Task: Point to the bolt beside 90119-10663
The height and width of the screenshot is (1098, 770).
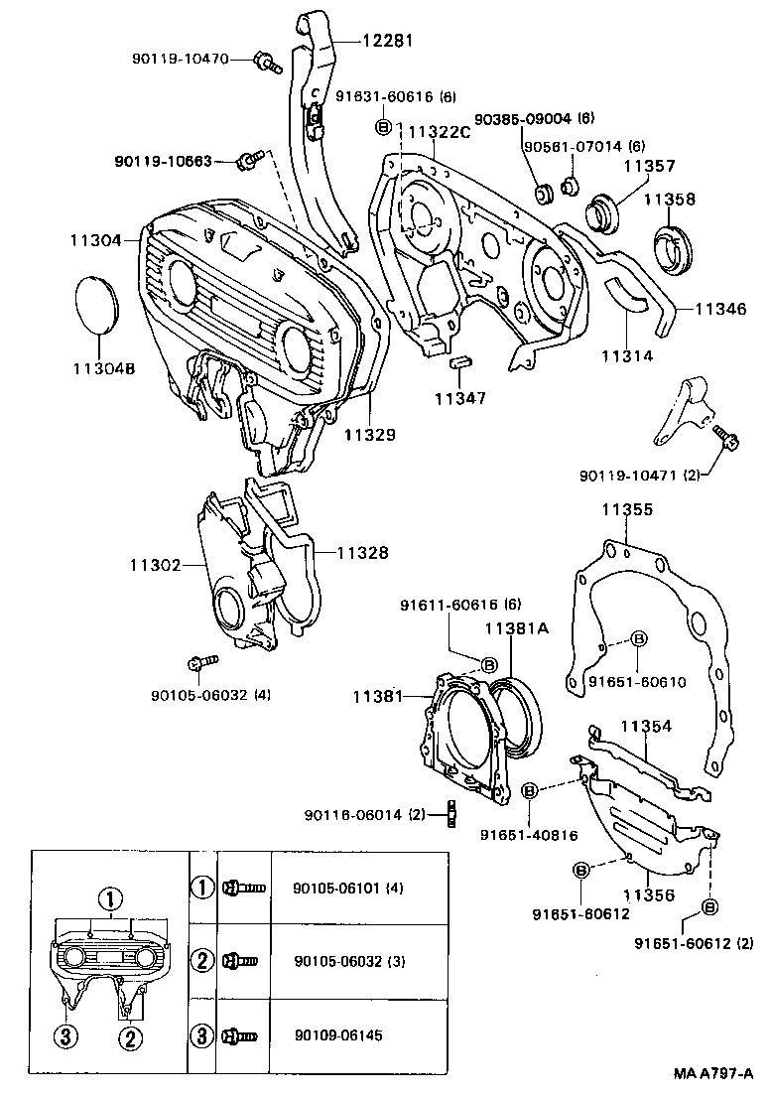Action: (x=251, y=159)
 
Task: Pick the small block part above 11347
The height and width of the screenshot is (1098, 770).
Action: (x=458, y=361)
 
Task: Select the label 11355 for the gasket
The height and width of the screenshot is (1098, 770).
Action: (x=626, y=509)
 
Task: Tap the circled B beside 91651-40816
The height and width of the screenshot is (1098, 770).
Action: (x=530, y=789)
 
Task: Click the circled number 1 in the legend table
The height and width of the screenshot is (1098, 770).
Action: (x=202, y=887)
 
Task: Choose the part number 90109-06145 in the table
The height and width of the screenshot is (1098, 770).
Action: (x=338, y=1036)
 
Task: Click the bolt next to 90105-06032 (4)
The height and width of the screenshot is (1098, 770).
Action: (x=196, y=662)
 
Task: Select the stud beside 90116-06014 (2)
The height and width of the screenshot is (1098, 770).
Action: (x=449, y=815)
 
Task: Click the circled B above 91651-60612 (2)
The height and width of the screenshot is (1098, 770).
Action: (x=709, y=906)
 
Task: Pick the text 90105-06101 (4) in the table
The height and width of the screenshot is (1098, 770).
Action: (x=349, y=887)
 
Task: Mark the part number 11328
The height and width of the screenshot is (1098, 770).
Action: (x=362, y=553)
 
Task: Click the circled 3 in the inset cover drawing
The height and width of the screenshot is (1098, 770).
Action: (x=64, y=1036)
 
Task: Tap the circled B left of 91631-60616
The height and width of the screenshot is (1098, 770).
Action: (x=383, y=126)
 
